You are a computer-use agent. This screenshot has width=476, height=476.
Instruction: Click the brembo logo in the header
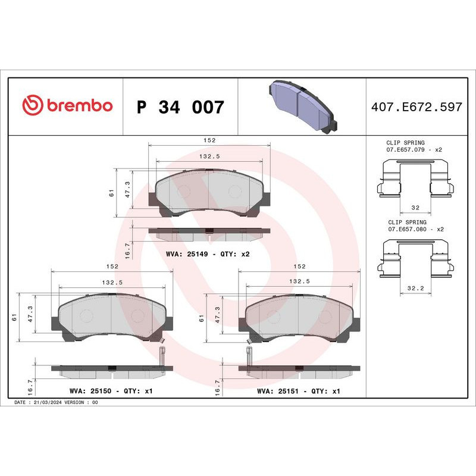click(67, 105)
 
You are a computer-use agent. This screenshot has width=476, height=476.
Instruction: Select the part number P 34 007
click(180, 108)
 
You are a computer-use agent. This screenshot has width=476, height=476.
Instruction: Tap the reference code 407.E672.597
click(416, 107)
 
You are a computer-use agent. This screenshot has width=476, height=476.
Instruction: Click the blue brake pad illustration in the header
click(303, 107)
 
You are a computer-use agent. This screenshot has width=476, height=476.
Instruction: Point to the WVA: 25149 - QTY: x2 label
click(208, 253)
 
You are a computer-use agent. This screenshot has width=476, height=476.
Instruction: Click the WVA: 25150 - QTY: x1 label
click(111, 392)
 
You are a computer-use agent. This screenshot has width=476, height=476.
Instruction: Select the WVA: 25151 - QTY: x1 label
click(298, 392)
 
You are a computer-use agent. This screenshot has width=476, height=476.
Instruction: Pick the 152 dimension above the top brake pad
click(208, 140)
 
